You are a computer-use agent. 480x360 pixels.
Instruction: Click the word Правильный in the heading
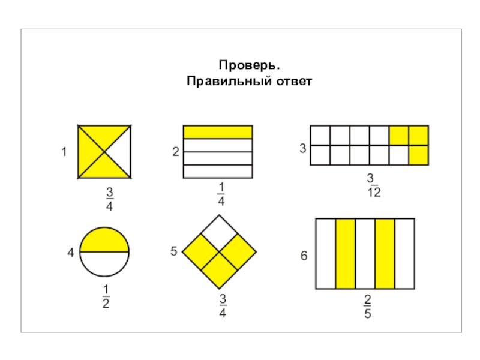pos(219,80)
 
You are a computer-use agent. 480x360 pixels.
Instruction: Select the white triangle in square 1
pos(121,152)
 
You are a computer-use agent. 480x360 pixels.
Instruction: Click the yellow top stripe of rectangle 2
pos(217,132)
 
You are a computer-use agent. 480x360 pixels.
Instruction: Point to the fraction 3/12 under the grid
pos(374,185)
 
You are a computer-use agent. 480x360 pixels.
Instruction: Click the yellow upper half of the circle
pos(104,239)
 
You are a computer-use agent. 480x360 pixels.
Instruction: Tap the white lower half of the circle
pos(104,264)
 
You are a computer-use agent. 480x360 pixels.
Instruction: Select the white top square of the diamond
pos(218,232)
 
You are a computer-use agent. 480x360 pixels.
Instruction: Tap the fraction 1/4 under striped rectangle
pos(221,196)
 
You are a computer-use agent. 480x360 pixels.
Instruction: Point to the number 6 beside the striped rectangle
pos(304,256)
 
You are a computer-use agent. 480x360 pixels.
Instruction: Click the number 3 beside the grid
pos(302,147)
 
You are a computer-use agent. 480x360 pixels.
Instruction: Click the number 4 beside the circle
pos(70,253)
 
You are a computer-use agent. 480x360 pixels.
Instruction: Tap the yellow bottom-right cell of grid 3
pos(418,155)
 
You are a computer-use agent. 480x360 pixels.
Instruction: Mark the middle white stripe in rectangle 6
pos(365,254)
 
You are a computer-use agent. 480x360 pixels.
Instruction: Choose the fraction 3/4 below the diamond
pos(221,305)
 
